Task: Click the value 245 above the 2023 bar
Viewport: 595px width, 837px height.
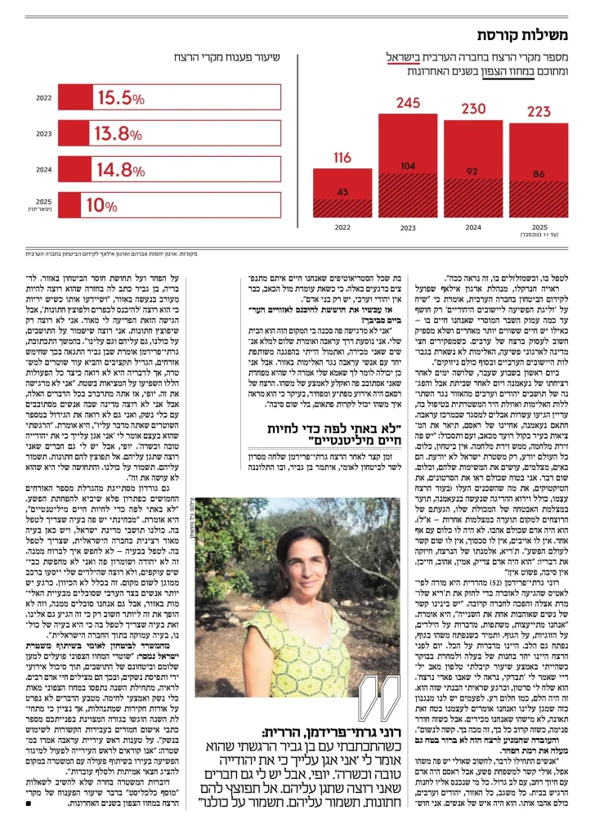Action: point(408,103)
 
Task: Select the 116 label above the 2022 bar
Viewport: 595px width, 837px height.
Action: point(343,158)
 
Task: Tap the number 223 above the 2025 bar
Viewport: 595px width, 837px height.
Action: point(539,112)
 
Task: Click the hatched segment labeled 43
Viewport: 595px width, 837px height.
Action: point(343,192)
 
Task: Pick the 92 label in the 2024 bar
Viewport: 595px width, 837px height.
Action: point(473,172)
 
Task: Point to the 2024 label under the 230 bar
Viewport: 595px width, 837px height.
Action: point(473,226)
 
